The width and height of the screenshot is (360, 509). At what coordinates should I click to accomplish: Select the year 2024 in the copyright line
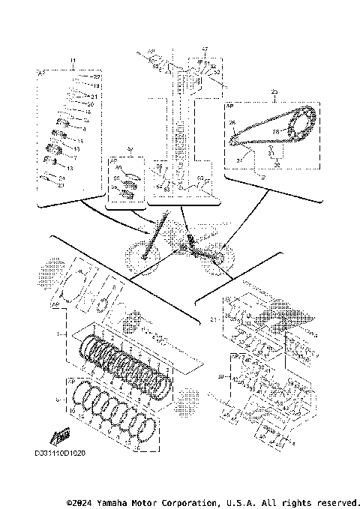[x=73, y=501]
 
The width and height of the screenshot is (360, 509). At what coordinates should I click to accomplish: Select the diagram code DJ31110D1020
[x=60, y=454]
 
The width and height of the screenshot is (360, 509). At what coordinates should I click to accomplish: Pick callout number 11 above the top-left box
[x=73, y=60]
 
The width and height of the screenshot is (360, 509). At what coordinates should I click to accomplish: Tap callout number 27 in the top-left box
[x=96, y=77]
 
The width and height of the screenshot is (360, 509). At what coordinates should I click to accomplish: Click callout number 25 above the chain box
[x=274, y=90]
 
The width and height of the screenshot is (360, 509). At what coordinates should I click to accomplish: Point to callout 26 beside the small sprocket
[x=232, y=124]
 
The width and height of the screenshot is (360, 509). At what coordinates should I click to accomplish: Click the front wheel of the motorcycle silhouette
[x=139, y=253]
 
